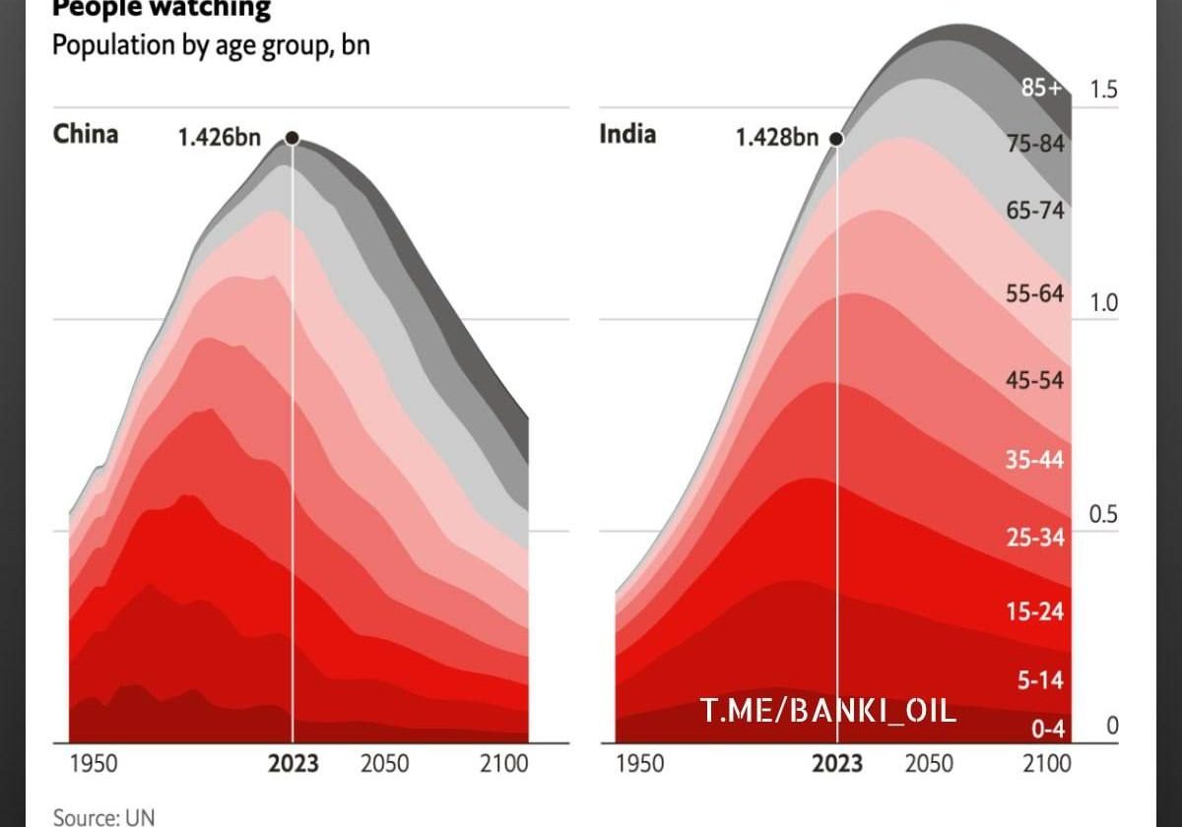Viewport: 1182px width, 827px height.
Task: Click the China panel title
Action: (x=86, y=134)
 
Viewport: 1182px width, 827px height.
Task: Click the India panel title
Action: (x=627, y=134)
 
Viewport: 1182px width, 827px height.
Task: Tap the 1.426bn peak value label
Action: (x=219, y=138)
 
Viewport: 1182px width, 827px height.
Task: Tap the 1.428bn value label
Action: (x=777, y=138)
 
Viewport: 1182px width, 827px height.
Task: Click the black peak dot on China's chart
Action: (x=292, y=138)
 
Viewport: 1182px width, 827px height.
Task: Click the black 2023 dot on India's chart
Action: (x=836, y=139)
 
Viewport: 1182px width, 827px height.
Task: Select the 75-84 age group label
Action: (x=1035, y=144)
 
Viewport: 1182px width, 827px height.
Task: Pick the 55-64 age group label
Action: (x=1035, y=293)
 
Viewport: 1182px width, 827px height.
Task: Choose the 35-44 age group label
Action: (x=1035, y=460)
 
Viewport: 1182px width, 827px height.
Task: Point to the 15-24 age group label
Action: (x=1035, y=611)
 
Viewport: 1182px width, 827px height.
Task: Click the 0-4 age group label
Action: (x=1046, y=730)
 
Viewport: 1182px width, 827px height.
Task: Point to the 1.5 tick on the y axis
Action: (x=1104, y=90)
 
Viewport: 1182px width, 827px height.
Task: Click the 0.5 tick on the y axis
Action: (x=1104, y=515)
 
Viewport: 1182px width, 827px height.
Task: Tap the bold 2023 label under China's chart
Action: (x=293, y=764)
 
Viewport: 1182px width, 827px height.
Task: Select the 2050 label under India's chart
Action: (x=929, y=764)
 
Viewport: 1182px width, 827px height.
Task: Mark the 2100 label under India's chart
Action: (x=1046, y=764)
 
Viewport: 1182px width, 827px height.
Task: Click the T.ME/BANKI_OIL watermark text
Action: (x=827, y=710)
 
